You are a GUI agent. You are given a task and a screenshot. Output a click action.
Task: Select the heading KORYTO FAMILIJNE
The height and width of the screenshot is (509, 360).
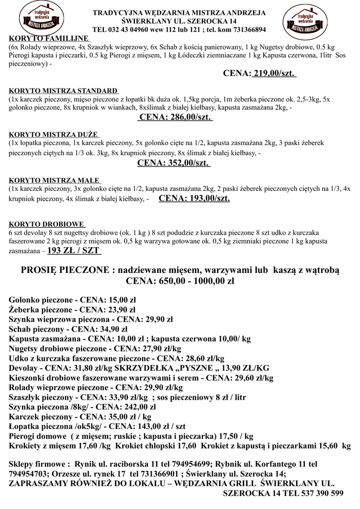[49, 38]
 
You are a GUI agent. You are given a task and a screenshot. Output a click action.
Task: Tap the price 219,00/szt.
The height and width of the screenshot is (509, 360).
[274, 74]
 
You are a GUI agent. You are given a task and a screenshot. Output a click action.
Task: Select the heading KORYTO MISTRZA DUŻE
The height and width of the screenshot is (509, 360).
[54, 135]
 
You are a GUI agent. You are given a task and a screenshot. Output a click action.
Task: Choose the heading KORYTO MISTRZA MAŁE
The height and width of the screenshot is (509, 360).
[54, 180]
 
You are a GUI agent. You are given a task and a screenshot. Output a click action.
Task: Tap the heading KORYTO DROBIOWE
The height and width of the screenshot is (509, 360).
[47, 224]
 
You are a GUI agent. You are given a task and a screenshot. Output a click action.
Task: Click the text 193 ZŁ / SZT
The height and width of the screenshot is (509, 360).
[74, 251]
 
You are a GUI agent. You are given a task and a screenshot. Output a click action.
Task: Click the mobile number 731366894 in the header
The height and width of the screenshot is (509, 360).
[243, 29]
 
